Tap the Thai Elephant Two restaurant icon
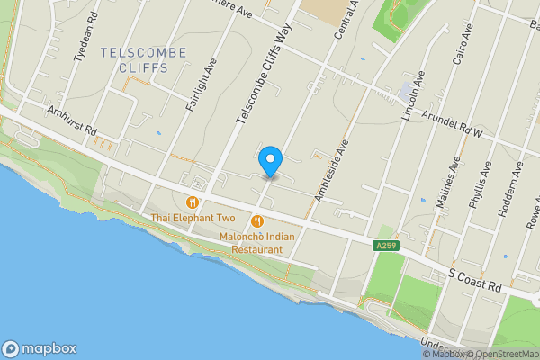[x=192, y=202]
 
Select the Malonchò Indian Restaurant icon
[x=257, y=220]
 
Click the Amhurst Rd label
[x=73, y=120]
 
